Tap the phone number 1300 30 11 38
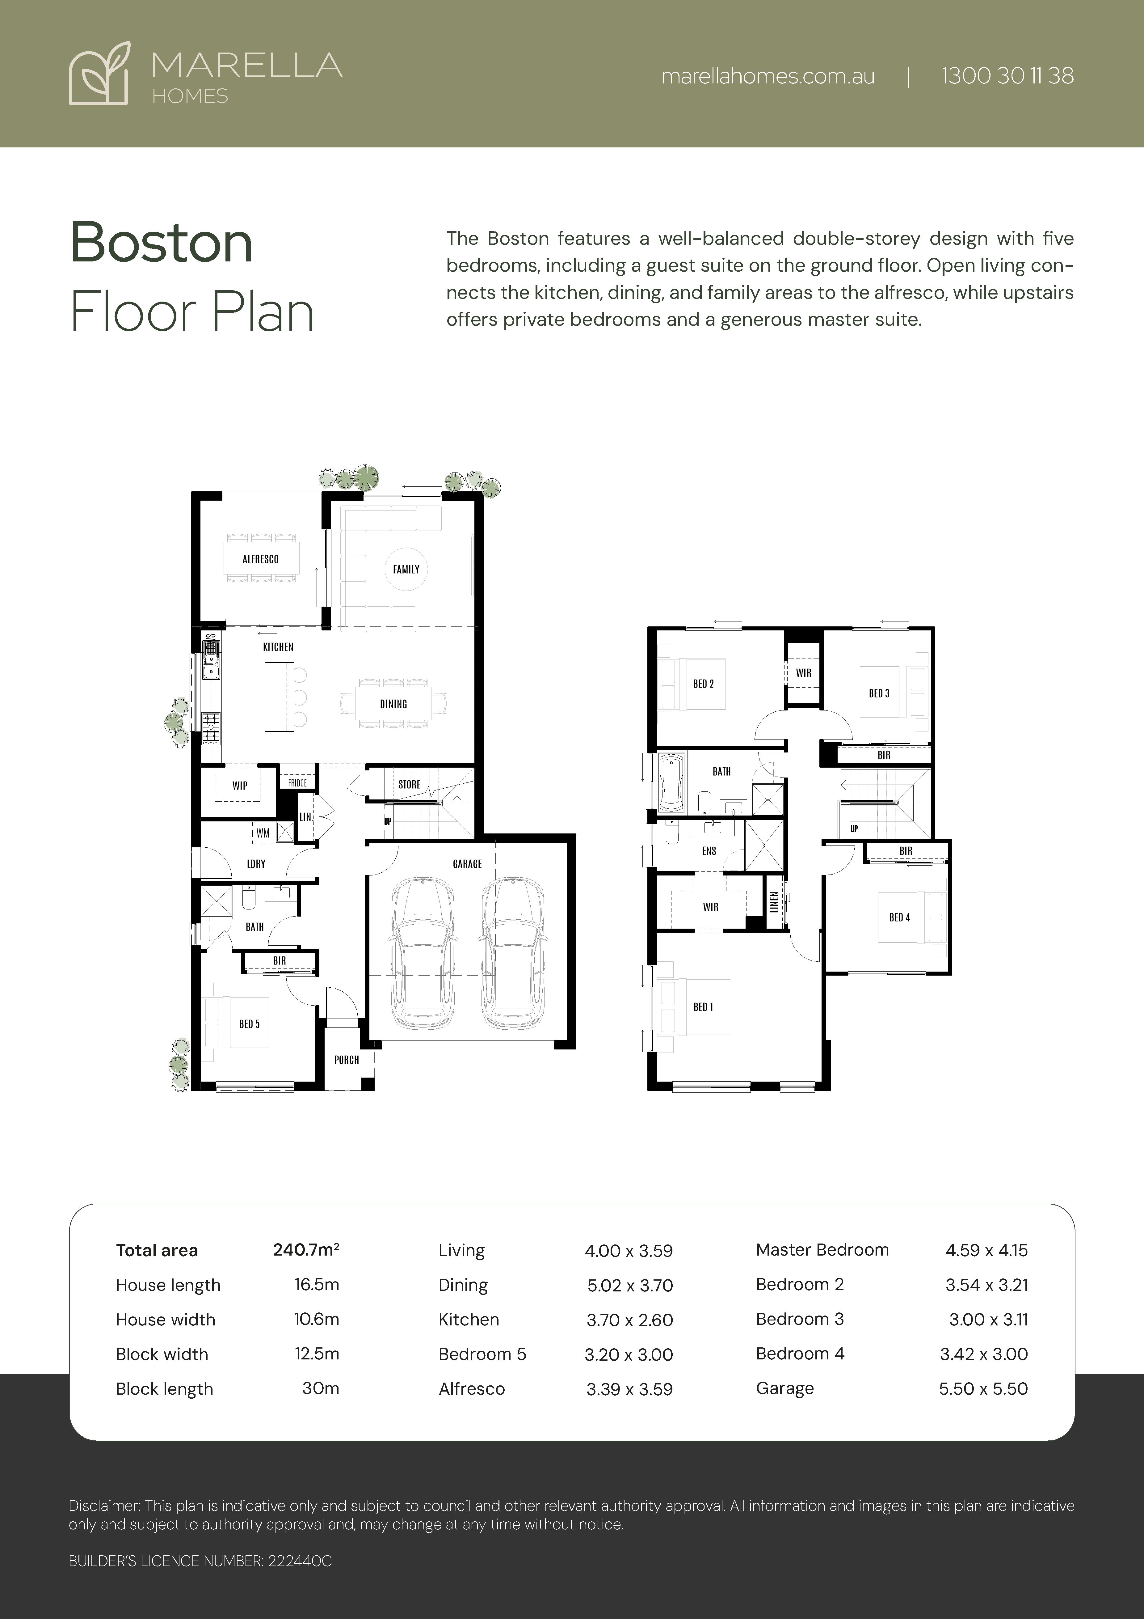pyautogui.click(x=1007, y=76)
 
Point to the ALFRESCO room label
pyautogui.click(x=260, y=559)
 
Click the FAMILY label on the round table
pyautogui.click(x=406, y=569)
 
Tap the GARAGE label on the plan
pyautogui.click(x=467, y=864)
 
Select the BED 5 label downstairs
pyautogui.click(x=249, y=1024)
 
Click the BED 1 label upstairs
pyautogui.click(x=703, y=1007)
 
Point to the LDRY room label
pyautogui.click(x=256, y=864)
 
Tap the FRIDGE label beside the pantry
pyautogui.click(x=297, y=783)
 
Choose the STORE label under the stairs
pyautogui.click(x=409, y=784)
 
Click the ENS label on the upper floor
pyautogui.click(x=709, y=851)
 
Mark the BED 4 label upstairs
pyautogui.click(x=899, y=918)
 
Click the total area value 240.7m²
pyautogui.click(x=306, y=1249)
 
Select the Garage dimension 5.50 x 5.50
pyautogui.click(x=983, y=1388)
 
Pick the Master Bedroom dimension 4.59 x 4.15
pyautogui.click(x=986, y=1250)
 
